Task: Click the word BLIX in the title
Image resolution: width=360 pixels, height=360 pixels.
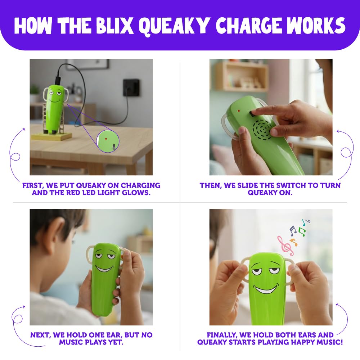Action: point(115,25)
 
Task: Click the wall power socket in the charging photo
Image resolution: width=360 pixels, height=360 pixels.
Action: point(131,87)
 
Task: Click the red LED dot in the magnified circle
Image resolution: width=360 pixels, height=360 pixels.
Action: point(106,139)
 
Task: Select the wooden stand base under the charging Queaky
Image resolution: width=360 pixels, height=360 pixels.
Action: point(51,136)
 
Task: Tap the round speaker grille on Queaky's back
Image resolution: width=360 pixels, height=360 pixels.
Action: point(262,130)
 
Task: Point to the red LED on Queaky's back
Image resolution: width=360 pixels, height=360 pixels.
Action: point(239,111)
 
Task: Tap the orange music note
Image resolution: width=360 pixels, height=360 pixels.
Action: point(293,242)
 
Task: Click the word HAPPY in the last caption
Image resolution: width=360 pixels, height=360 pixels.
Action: point(303,342)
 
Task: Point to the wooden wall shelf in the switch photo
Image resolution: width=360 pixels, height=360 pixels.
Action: point(241,76)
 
